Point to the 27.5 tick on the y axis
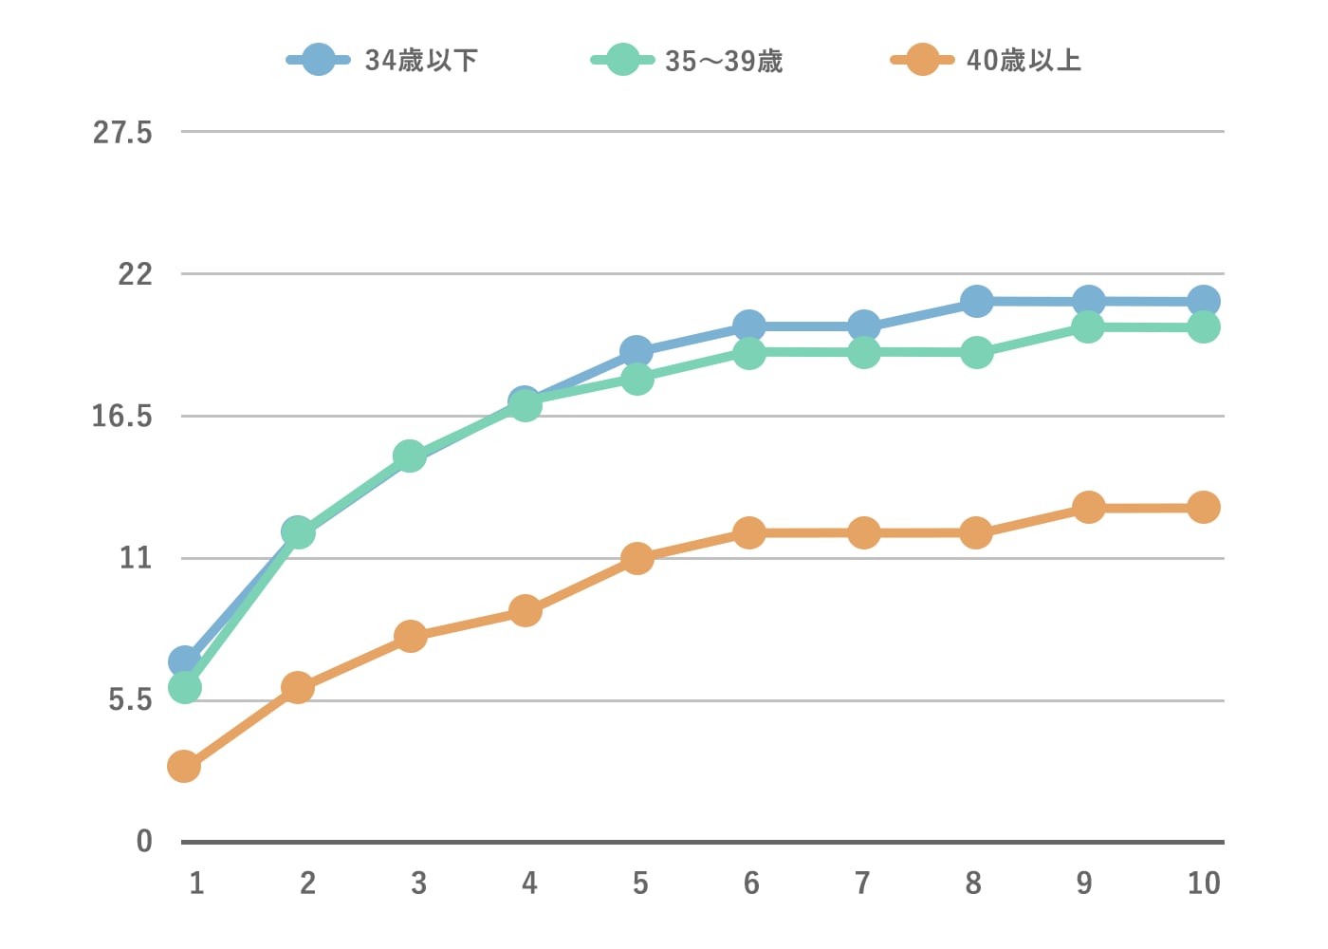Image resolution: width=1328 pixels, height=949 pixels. [122, 133]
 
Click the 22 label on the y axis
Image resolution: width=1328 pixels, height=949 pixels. [135, 274]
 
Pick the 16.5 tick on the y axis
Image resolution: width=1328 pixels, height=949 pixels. [122, 417]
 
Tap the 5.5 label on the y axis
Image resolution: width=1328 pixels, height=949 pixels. [130, 700]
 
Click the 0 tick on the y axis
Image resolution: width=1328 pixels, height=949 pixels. [144, 842]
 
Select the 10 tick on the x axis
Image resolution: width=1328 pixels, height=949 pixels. [1204, 884]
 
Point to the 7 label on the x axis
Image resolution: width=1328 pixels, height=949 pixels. [862, 884]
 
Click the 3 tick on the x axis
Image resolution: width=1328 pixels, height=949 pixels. [418, 884]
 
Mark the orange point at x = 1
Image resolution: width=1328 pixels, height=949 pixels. [184, 766]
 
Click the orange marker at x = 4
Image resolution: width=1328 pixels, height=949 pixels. [525, 610]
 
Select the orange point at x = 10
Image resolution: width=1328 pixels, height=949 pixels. [1204, 508]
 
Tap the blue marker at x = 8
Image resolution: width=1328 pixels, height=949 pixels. [976, 302]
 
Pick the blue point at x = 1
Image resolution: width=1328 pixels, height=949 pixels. [184, 661]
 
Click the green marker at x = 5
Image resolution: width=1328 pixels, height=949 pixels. [636, 379]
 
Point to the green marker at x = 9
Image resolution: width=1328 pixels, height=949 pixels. [1088, 327]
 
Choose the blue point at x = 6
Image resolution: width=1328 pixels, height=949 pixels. [749, 326]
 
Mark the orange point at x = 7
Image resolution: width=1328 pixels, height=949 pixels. [863, 532]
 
